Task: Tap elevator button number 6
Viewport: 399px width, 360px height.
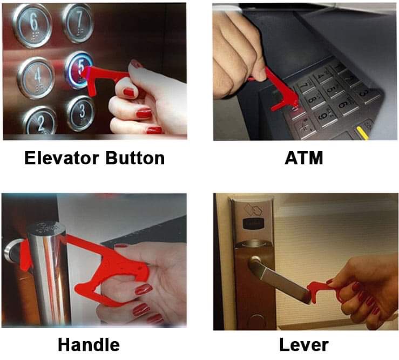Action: coord(32,26)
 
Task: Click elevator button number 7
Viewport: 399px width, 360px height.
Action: coord(78,23)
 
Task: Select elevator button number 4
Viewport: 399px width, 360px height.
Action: coord(36,77)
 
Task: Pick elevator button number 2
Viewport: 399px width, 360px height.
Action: coord(40,121)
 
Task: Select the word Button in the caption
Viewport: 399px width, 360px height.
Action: coord(135,158)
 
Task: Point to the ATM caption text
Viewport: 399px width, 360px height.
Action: coord(304,158)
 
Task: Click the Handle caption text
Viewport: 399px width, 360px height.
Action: coord(89,345)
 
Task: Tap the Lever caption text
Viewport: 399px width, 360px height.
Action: coord(304,345)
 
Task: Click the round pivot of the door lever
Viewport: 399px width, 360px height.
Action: coord(255,261)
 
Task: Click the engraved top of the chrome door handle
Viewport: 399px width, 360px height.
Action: coord(46,228)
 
